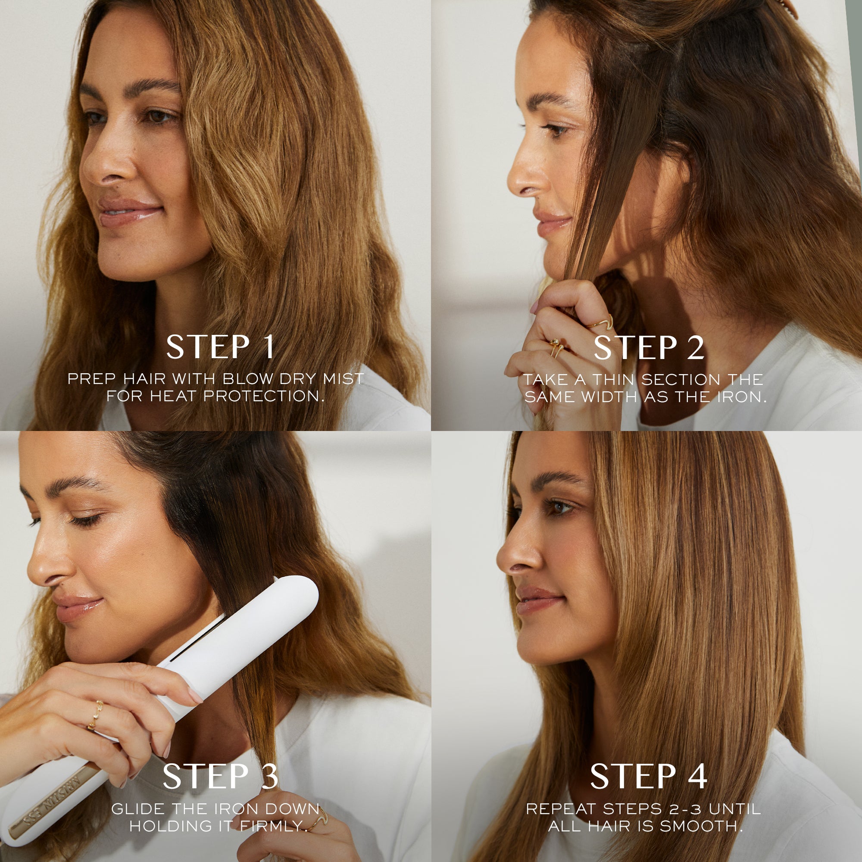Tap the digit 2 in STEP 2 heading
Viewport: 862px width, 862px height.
(x=695, y=348)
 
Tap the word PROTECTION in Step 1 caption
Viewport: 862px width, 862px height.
(x=264, y=396)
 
